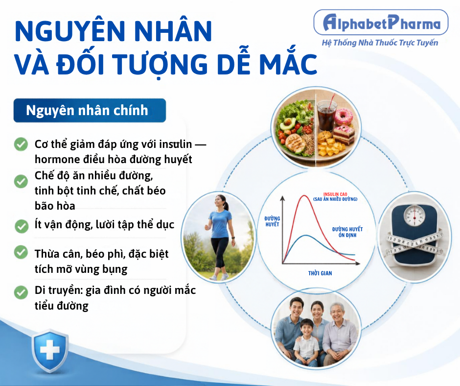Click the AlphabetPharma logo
(381, 23)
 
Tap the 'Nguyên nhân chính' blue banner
(90, 110)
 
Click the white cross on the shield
(50, 350)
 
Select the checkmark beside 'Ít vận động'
(22, 226)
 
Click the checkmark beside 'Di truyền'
(21, 292)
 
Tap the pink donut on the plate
(344, 116)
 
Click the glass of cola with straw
(326, 115)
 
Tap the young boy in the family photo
(306, 342)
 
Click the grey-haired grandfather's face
(338, 314)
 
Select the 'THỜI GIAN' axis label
(320, 273)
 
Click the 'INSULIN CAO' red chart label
(335, 194)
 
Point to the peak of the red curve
(304, 195)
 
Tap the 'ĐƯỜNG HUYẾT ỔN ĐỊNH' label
(347, 232)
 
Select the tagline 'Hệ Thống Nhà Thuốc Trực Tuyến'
(380, 43)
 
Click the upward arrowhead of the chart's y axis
(282, 198)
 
